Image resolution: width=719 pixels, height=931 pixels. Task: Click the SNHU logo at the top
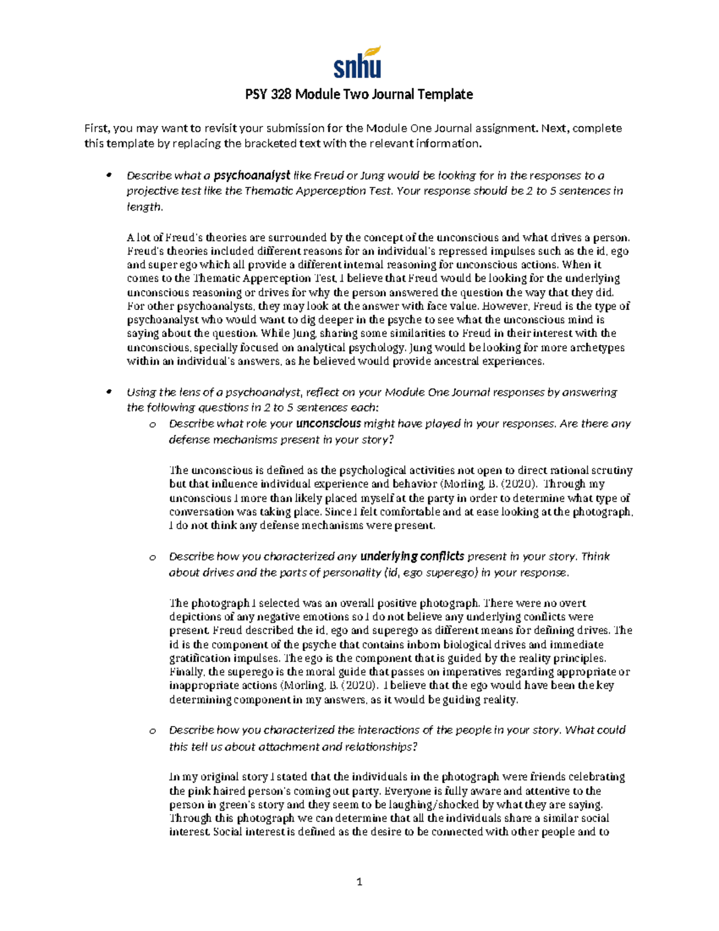pos(357,62)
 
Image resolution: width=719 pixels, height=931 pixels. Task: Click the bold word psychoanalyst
pos(252,176)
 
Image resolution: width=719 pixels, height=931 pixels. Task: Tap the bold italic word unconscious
pos(328,423)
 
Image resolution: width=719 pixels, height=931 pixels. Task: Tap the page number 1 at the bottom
pos(359,882)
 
